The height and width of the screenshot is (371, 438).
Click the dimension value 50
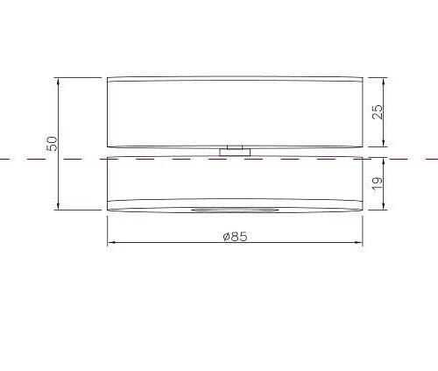coord(52,144)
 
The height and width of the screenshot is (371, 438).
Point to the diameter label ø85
coord(234,236)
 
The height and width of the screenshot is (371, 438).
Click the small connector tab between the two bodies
coord(234,152)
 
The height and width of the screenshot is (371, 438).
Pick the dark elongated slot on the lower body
coord(234,210)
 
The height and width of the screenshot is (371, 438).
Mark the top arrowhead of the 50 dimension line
coord(59,81)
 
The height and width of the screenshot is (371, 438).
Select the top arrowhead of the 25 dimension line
coord(383,81)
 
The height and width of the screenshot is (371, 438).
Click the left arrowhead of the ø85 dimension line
coord(110,244)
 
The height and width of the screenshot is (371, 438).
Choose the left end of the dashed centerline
coord(3,159)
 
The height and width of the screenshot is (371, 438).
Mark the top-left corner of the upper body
coord(108,78)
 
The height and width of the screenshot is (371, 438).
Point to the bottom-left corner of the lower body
coord(108,210)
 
